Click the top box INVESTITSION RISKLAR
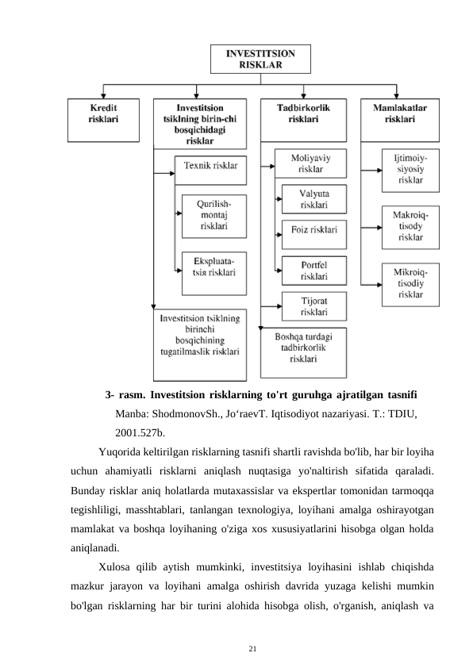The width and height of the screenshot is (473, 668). [260, 59]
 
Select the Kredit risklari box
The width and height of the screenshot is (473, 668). [103, 113]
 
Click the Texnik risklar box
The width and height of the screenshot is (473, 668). [210, 167]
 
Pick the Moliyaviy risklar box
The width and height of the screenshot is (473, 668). [310, 163]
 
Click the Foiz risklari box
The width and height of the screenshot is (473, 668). [314, 231]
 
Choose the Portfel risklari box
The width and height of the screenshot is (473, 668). [314, 270]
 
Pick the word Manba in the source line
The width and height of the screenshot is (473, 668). [131, 413]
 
